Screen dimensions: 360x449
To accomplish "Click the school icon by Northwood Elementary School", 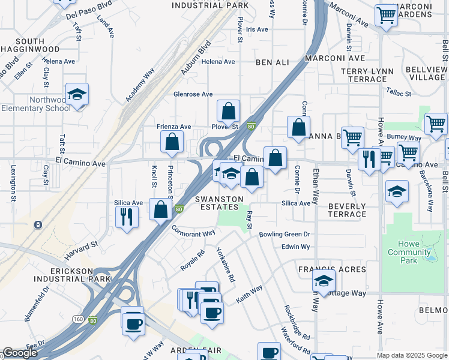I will coord(77,95).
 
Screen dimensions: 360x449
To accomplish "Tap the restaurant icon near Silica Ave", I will coord(126,215).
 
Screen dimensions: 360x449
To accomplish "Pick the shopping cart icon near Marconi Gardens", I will coord(386,15).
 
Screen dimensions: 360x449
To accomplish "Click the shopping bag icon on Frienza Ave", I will coord(172,142).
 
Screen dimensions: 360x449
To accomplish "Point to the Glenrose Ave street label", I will coord(193,94).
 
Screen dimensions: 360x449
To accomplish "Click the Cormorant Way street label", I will coord(193,231).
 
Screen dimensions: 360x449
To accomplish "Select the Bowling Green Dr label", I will coord(285,235).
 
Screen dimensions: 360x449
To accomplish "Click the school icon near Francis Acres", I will coord(324,280).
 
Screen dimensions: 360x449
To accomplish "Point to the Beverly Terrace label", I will coord(347,210).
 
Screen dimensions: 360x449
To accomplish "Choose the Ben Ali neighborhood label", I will coord(272,62).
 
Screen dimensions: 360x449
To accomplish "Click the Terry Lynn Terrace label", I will coord(367,75).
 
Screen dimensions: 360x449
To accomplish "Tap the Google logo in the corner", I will coord(20,353).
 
